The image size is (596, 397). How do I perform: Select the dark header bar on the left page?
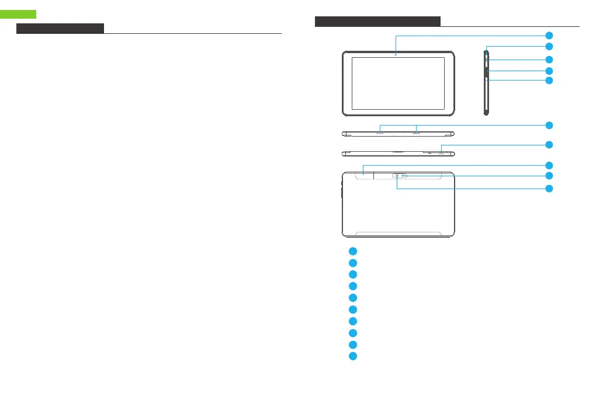tap(60, 29)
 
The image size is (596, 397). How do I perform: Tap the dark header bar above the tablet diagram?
tap(377, 22)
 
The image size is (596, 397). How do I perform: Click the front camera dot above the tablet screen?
tap(396, 54)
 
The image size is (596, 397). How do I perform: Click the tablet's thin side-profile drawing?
tap(486, 82)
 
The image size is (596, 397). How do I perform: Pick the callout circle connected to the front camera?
tap(549, 35)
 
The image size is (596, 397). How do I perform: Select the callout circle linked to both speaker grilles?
tap(549, 125)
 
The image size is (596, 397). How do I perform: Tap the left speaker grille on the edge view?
tap(380, 133)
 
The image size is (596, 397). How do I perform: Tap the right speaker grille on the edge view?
tap(416, 133)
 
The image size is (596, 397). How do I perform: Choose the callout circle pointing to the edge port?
tap(549, 144)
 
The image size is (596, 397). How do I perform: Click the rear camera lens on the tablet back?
tap(397, 176)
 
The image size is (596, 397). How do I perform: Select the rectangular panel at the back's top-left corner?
tap(358, 174)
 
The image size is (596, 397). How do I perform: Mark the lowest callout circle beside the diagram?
tap(549, 189)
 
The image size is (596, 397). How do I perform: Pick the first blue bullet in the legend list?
tap(352, 250)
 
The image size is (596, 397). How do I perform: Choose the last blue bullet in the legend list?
tap(352, 356)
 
